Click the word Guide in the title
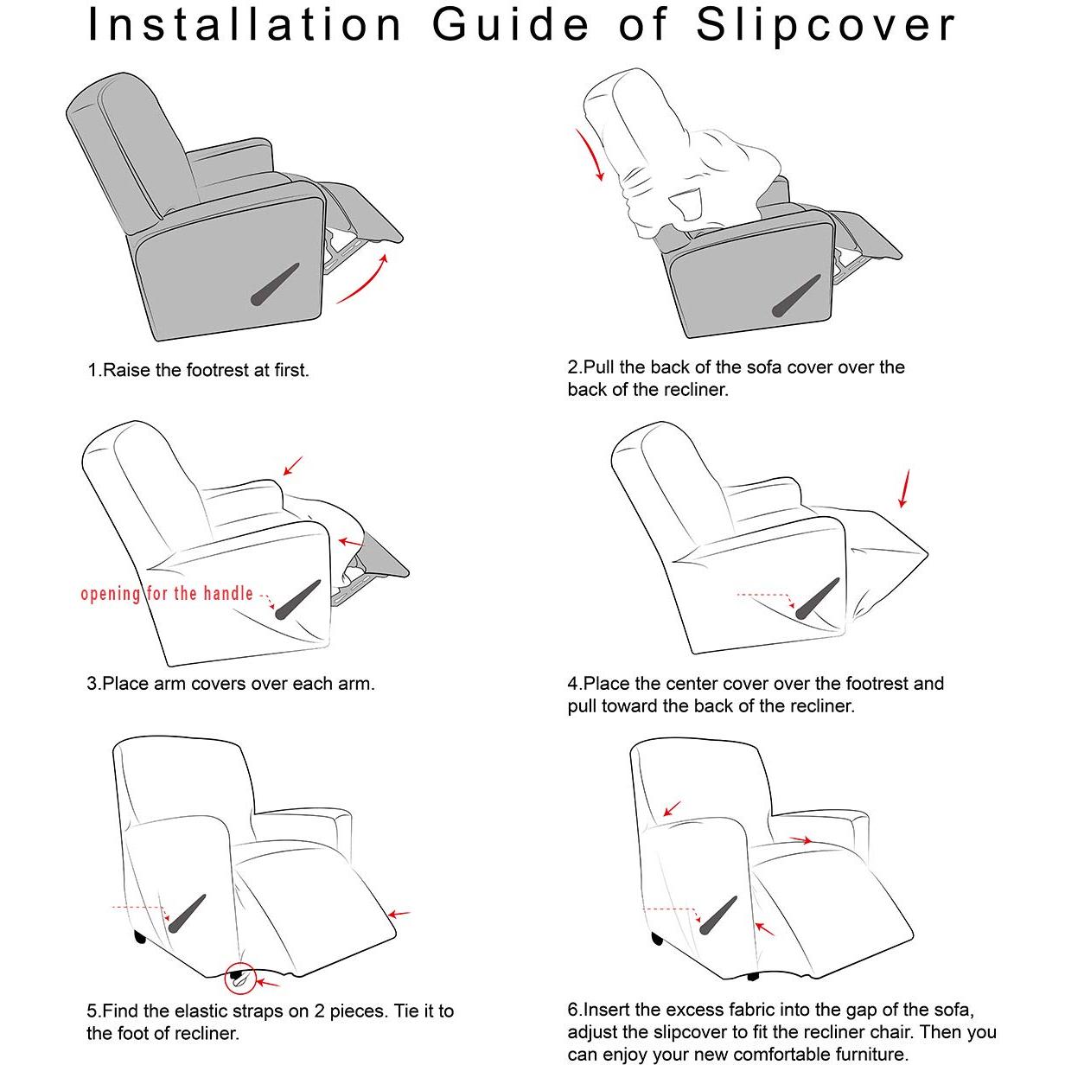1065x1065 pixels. (x=511, y=25)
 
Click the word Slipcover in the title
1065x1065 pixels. (x=826, y=27)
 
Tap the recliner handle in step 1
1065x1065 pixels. (x=275, y=284)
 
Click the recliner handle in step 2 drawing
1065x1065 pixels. (x=796, y=296)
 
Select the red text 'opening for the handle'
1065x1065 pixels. (x=167, y=594)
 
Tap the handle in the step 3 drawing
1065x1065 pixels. (x=298, y=599)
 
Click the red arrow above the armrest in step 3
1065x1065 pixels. (x=293, y=465)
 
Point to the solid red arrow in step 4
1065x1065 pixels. (x=904, y=488)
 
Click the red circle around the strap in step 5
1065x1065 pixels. (x=239, y=978)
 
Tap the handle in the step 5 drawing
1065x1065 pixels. (x=188, y=914)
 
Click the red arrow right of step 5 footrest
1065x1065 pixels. (x=399, y=915)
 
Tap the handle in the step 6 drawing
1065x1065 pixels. (x=718, y=915)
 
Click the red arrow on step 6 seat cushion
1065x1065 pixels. (x=800, y=840)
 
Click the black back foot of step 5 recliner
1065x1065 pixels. (x=139, y=936)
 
